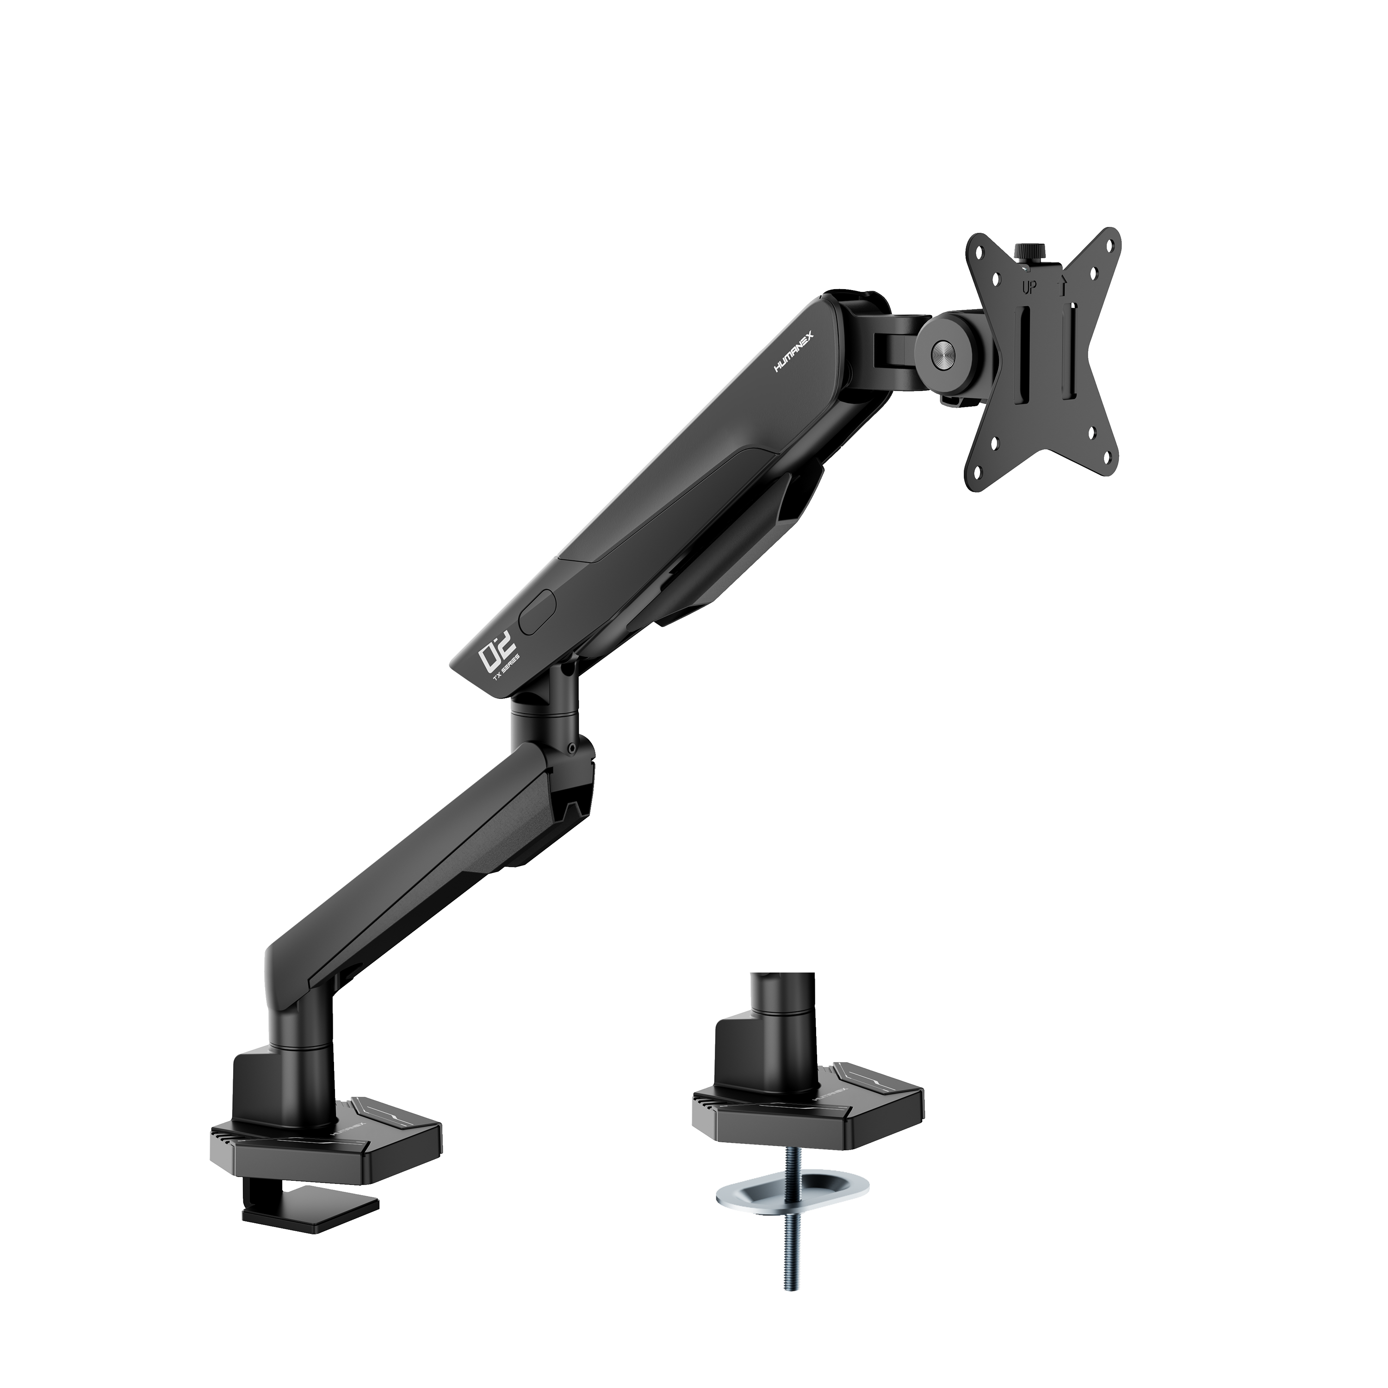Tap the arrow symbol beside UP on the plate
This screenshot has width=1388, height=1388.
[1063, 286]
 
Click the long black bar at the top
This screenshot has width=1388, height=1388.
[450, 61]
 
